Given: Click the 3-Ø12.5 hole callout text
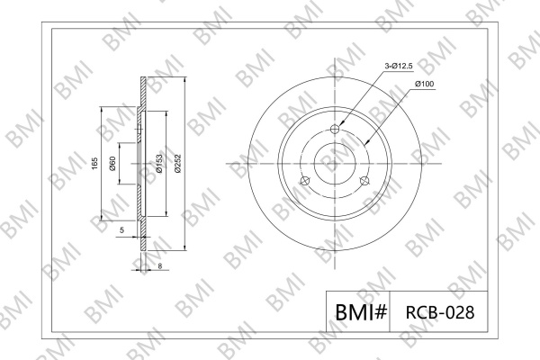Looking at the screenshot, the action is pos(399,66).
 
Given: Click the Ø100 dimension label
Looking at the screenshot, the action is pos(425,84).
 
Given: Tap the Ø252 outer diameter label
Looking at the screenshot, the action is pos(177,164).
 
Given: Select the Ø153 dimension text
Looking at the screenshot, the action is pos(158,164).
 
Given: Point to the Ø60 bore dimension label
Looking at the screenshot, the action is pos(112,164).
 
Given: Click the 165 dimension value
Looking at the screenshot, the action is pos(94,164).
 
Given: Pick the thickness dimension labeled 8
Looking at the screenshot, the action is pos(159,266).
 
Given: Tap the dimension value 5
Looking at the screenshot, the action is pos(121,230).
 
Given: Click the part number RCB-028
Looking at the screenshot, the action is pos(440,312).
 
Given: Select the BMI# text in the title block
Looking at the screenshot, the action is pos(361,312).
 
